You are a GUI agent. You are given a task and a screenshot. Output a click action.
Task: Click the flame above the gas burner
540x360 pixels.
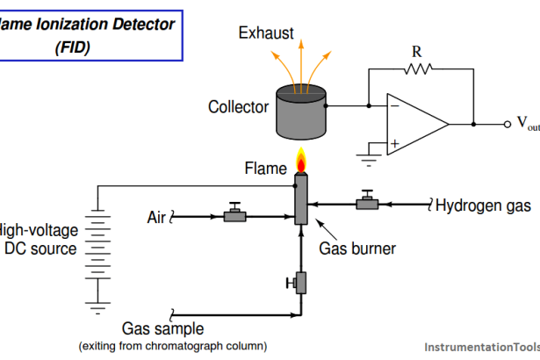[x=300, y=162]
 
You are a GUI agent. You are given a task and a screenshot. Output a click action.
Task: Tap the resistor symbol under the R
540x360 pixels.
[x=417, y=68]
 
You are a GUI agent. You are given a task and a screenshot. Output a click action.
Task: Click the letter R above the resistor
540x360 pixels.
[x=417, y=50]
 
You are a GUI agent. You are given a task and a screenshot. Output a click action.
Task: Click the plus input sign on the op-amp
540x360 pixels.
[x=394, y=142]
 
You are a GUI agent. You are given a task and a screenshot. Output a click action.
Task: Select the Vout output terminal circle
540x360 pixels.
[x=508, y=125]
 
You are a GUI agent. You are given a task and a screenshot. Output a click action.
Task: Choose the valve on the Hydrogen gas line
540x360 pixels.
[x=366, y=203]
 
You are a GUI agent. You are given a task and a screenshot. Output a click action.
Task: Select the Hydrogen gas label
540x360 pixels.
[x=483, y=206]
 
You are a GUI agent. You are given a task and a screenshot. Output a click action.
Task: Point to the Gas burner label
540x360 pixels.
[x=356, y=248]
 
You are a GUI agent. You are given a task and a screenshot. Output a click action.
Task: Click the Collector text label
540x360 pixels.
[x=238, y=107]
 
